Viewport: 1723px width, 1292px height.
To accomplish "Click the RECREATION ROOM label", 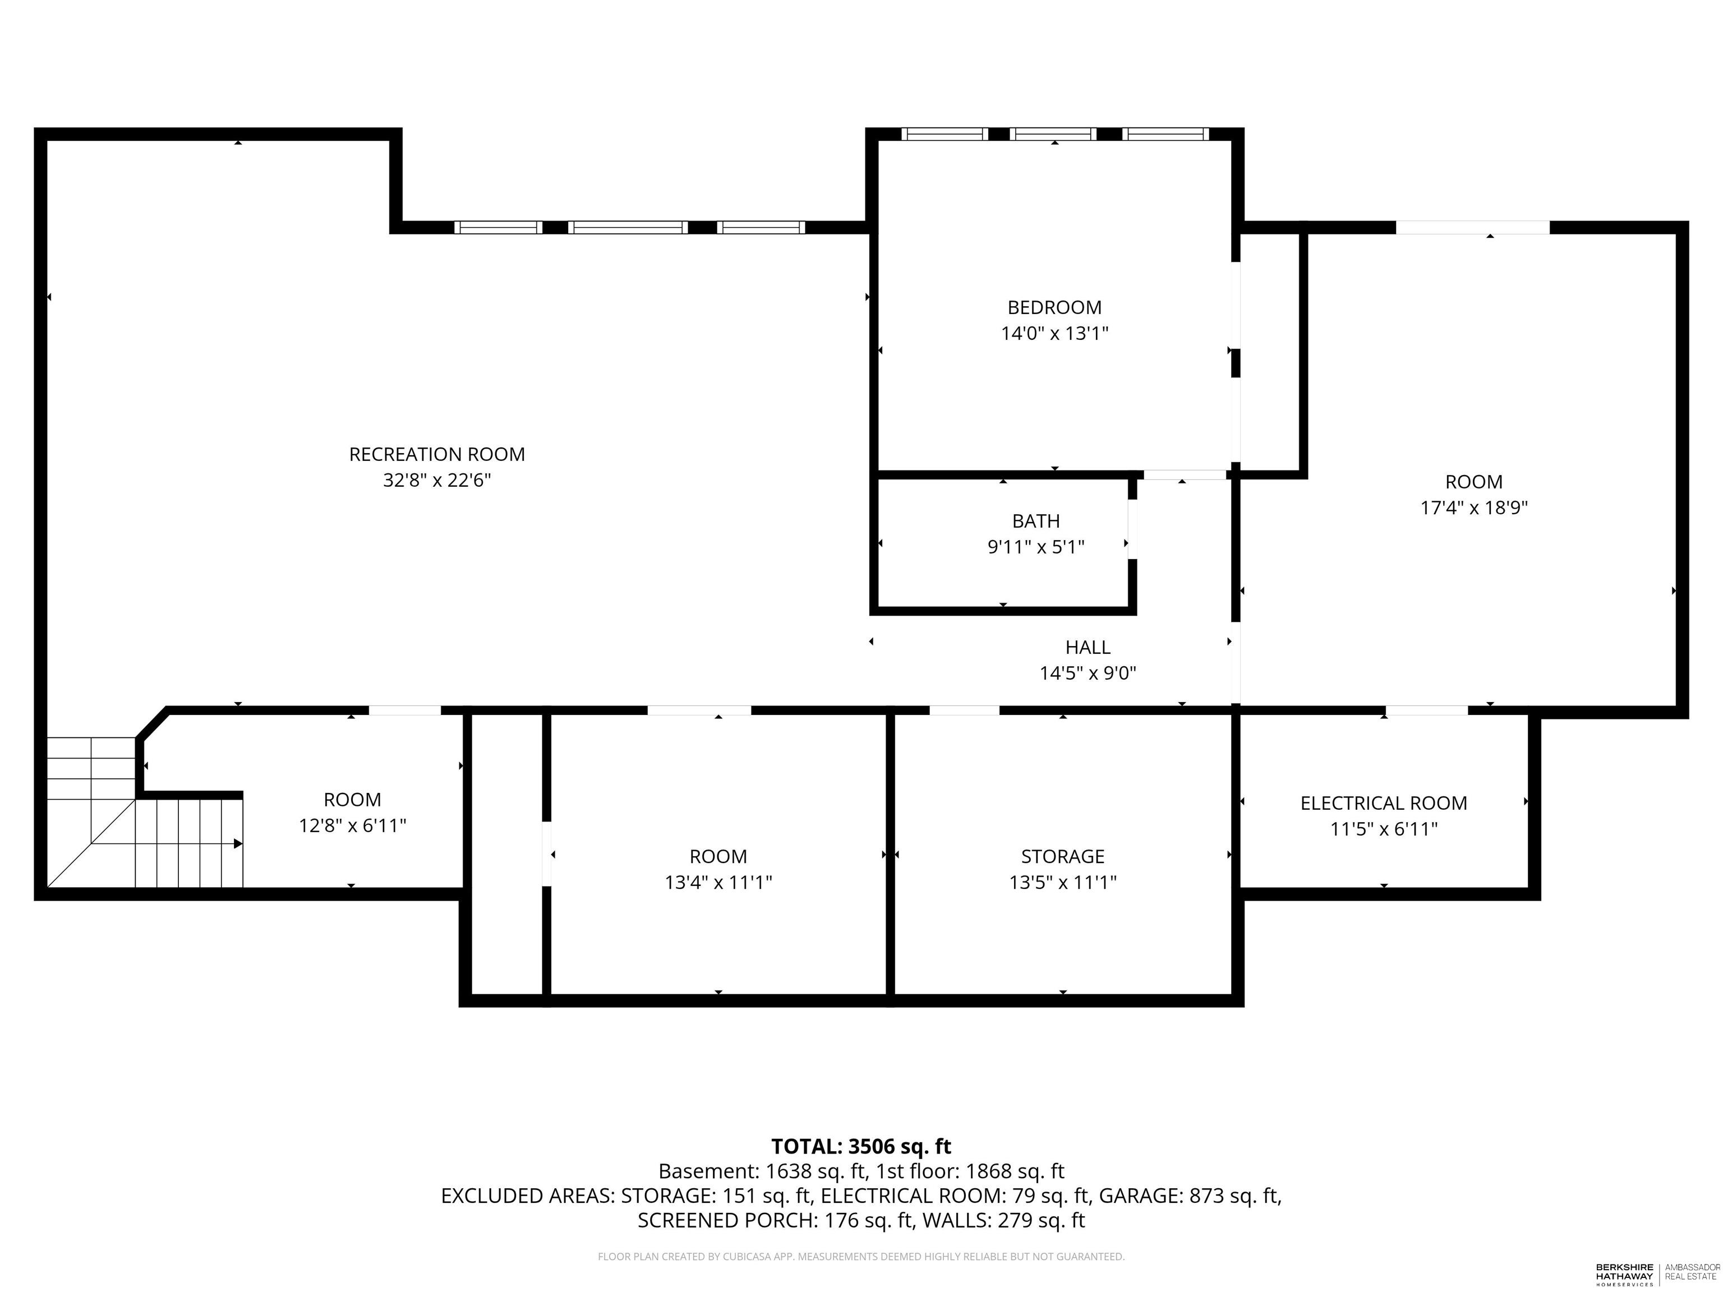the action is [436, 454].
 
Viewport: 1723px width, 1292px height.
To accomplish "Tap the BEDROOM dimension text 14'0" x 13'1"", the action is [1054, 333].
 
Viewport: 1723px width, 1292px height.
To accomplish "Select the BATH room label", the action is [1035, 521].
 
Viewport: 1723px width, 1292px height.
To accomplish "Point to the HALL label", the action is [1088, 647].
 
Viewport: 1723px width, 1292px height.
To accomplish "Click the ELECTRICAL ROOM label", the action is [1383, 803].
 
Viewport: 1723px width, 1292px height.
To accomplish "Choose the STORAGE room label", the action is [1062, 857].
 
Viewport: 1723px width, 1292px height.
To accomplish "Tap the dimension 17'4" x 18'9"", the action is [1474, 507].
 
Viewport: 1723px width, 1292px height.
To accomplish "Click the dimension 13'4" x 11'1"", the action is [718, 882].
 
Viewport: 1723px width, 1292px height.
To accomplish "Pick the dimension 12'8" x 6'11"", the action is [352, 825].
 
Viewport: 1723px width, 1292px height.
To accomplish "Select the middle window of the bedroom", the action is [1054, 134].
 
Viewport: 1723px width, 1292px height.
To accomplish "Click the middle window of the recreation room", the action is [628, 228].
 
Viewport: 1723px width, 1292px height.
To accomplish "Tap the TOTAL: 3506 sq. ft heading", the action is [861, 1146].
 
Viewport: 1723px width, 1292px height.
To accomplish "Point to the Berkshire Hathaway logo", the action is [1657, 1274].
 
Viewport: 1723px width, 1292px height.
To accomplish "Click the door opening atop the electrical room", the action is [1426, 710].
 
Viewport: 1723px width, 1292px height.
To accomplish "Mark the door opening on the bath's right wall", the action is [1132, 529].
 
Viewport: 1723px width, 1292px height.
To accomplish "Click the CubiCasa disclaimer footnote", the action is [861, 1256].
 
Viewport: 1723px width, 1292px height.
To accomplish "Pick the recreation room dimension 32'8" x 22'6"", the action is [436, 481].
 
